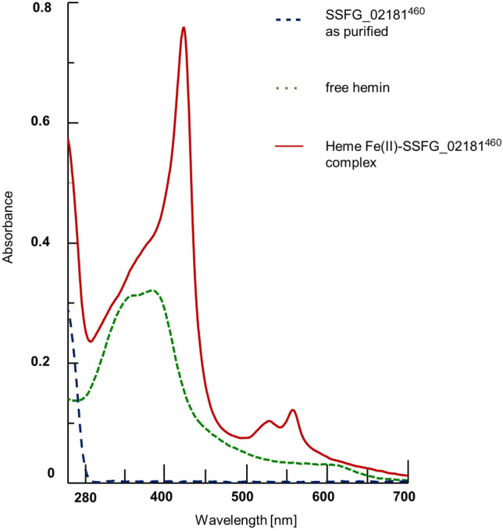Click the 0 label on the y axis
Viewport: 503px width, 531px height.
coord(50,473)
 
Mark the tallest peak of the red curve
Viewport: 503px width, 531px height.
coord(184,27)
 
